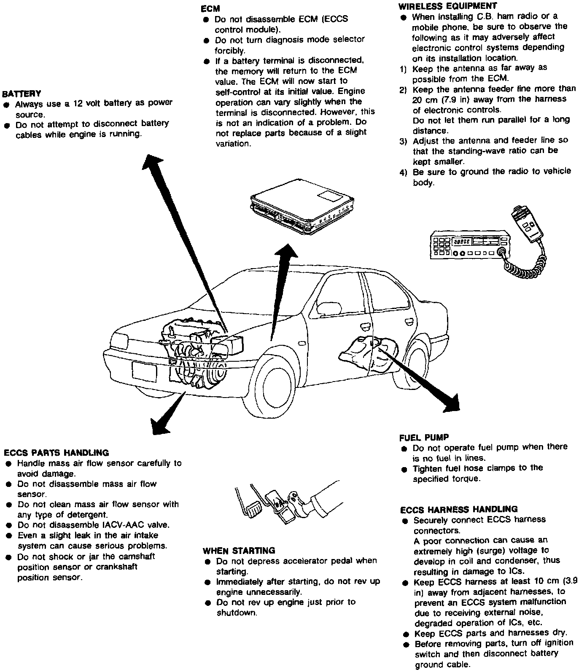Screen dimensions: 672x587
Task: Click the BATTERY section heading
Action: (x=22, y=93)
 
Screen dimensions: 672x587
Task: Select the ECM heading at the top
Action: (x=210, y=8)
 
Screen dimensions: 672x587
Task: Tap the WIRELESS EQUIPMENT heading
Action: (x=447, y=6)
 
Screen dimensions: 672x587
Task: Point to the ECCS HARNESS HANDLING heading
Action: (x=459, y=509)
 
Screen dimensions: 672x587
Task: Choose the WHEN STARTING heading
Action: (x=239, y=551)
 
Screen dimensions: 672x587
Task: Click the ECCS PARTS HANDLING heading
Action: (x=56, y=453)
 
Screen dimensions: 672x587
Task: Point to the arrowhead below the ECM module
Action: (x=287, y=252)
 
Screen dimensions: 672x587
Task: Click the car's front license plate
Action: (x=144, y=371)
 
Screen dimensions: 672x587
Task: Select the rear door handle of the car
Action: (x=408, y=322)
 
